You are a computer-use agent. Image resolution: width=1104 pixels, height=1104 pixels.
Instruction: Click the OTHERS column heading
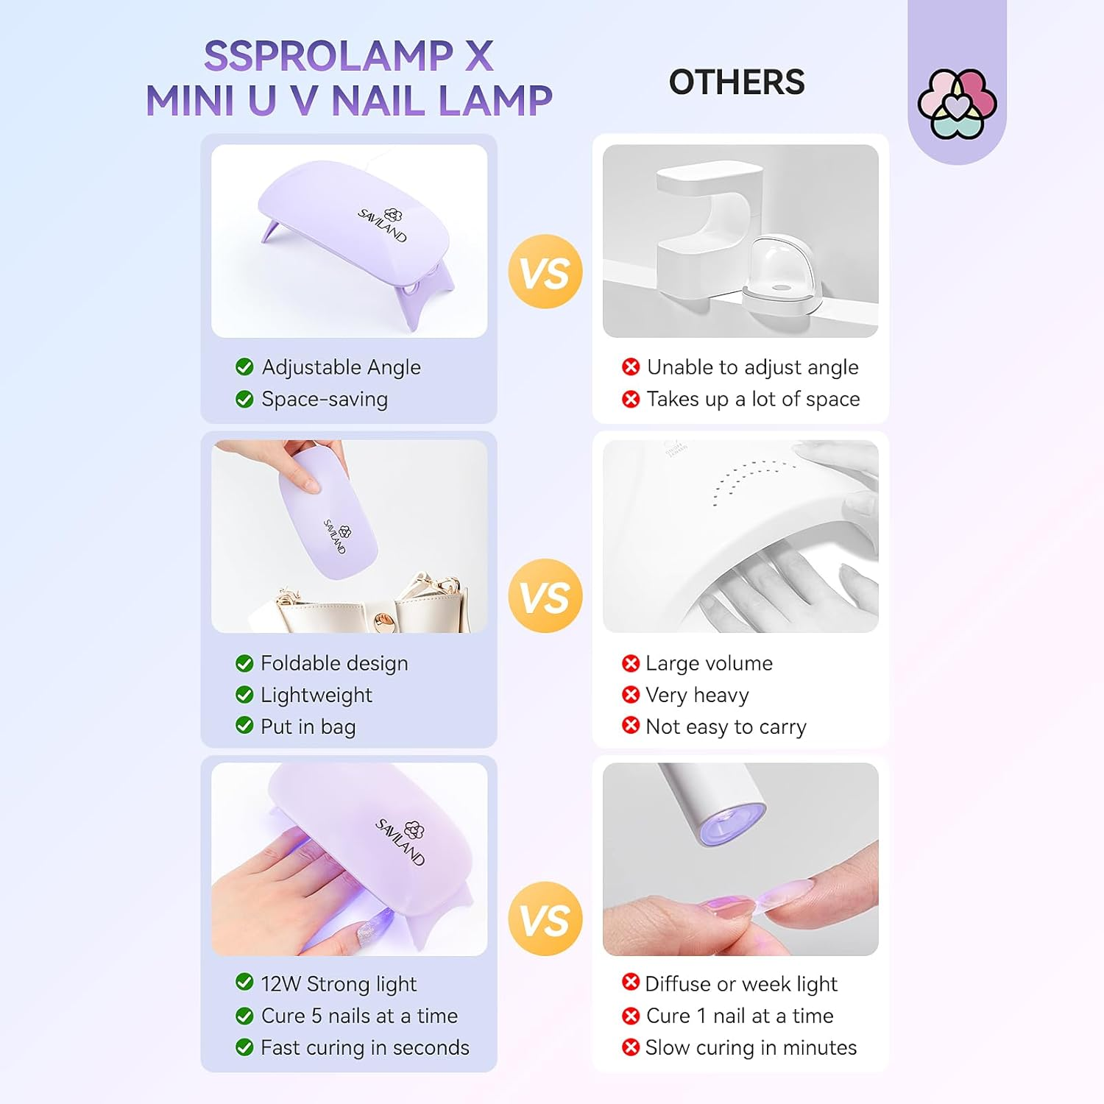tap(736, 82)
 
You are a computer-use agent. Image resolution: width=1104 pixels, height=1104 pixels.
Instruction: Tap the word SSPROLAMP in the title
tap(328, 56)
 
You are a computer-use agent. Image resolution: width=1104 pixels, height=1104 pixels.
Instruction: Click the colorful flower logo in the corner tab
tap(957, 104)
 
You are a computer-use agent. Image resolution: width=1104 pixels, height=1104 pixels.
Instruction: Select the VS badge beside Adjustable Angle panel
tap(545, 272)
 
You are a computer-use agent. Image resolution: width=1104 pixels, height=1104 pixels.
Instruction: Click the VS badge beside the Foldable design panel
tap(545, 595)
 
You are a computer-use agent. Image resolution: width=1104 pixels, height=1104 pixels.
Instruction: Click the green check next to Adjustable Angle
tap(244, 367)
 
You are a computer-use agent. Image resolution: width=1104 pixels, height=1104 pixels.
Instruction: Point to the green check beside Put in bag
tap(244, 726)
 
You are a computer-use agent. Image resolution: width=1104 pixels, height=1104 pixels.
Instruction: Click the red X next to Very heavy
tap(631, 694)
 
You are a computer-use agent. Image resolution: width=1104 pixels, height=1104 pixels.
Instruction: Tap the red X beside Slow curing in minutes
tap(631, 1047)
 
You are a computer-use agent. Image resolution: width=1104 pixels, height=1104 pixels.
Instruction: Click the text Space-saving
tap(325, 399)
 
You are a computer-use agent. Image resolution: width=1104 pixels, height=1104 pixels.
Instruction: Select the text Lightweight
tap(316, 695)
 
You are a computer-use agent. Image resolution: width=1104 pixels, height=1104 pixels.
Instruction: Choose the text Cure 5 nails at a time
tap(359, 1016)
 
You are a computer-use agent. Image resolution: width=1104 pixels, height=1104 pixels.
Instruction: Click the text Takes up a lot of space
tap(753, 399)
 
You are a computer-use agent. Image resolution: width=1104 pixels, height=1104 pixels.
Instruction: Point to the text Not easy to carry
tap(726, 726)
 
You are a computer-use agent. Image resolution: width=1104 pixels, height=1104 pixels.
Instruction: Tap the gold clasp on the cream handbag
tap(383, 622)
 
